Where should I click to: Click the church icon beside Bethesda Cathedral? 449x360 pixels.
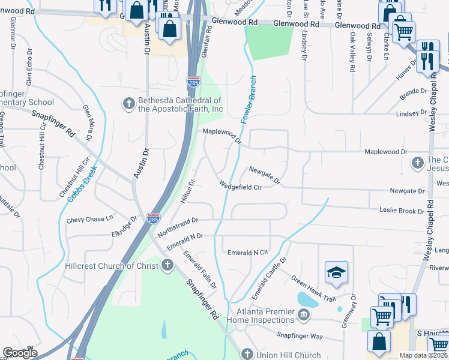pyautogui.click(x=128, y=104)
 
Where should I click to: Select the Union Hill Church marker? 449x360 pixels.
pyautogui.click(x=247, y=355)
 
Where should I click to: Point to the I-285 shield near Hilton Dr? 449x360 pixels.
pyautogui.click(x=154, y=219)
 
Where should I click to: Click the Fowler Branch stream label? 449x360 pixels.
pyautogui.click(x=249, y=100)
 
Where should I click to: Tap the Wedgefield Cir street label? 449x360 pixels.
pyautogui.click(x=240, y=187)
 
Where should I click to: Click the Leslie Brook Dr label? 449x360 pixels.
pyautogui.click(x=402, y=211)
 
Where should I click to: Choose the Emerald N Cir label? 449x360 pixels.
pyautogui.click(x=247, y=253)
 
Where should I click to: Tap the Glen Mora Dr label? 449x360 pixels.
pyautogui.click(x=88, y=123)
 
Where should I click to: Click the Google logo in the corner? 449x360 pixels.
pyautogui.click(x=20, y=353)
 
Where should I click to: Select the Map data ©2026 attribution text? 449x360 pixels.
pyautogui.click(x=423, y=355)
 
